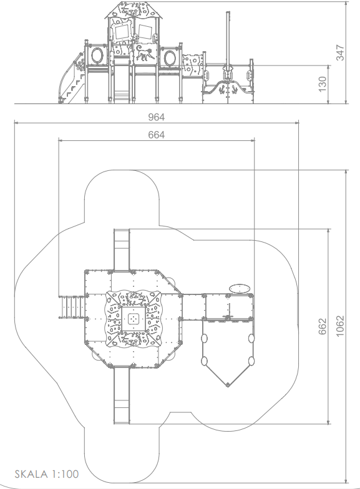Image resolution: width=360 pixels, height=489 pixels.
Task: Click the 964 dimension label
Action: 156,117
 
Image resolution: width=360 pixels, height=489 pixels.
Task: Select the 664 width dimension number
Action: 156,135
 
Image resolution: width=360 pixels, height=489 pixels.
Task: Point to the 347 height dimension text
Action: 341,52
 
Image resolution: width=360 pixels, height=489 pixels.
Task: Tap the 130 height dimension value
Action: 323,84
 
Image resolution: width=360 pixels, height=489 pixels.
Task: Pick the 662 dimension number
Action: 323,327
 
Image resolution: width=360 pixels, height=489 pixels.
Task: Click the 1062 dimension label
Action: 341,326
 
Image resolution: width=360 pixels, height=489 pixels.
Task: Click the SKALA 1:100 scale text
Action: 47,474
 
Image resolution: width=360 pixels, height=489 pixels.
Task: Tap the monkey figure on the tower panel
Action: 144,52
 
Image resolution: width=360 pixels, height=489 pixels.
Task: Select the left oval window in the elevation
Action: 97,56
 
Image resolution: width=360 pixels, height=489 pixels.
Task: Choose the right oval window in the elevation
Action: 170,58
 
